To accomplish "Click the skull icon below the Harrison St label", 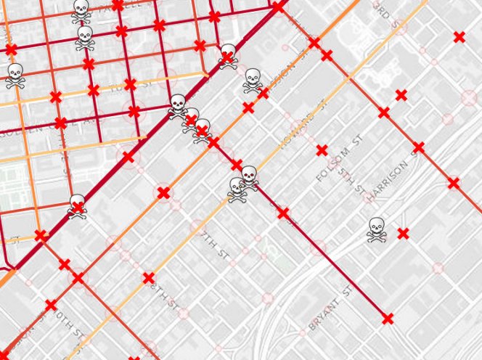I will pyautogui.click(x=376, y=229).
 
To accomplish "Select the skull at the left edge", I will pyautogui.click(x=15, y=75).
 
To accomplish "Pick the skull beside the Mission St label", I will pyautogui.click(x=253, y=80).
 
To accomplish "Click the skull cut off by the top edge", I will pyautogui.click(x=81, y=9).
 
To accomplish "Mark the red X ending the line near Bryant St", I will pyautogui.click(x=388, y=318).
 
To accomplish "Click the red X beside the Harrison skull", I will pyautogui.click(x=403, y=233).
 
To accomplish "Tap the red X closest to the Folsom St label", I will pyautogui.click(x=322, y=150).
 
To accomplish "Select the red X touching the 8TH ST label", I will pyautogui.click(x=148, y=277).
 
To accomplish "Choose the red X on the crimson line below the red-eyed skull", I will pyautogui.click(x=283, y=213).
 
